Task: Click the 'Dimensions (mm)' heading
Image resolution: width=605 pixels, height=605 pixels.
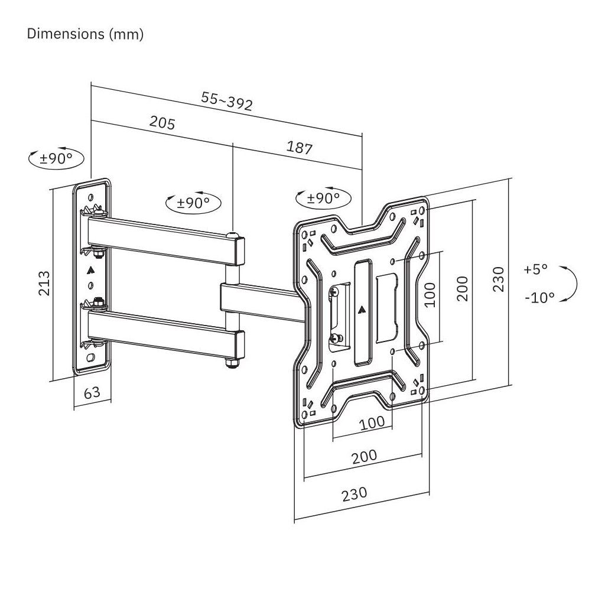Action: tap(86, 34)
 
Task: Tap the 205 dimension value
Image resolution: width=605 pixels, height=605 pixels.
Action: tap(162, 122)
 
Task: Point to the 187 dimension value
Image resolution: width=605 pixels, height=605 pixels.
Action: tap(300, 147)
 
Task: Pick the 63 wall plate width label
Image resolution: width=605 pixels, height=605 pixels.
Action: tap(92, 392)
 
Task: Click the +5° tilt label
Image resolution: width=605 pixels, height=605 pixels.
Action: tap(536, 269)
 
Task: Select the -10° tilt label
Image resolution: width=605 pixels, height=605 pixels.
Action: tap(539, 297)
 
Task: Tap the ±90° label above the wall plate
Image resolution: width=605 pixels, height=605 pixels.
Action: tap(56, 159)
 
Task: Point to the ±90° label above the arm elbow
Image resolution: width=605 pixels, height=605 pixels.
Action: tap(194, 203)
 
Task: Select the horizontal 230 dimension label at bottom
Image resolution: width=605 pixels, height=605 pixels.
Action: tap(354, 493)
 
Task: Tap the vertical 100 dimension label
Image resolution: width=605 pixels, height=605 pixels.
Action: tap(430, 294)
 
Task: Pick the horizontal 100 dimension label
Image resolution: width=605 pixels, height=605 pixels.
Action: tap(372, 422)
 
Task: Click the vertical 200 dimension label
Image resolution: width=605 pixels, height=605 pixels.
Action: tap(463, 288)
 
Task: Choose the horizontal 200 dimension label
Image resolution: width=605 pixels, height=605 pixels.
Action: tap(365, 456)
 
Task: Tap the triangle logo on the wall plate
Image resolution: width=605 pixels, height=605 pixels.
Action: tap(90, 272)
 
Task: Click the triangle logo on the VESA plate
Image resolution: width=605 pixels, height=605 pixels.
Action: tap(361, 308)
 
